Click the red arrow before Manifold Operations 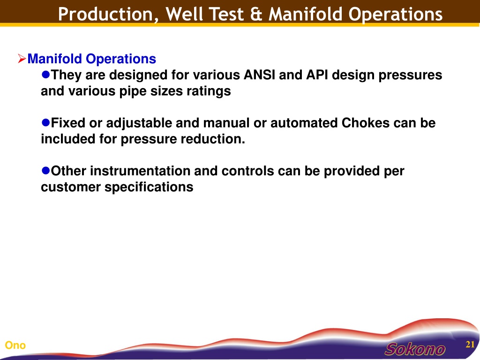[22, 58]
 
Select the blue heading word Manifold [55, 59]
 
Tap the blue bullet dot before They [45, 75]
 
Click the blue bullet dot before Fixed [45, 122]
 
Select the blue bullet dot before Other [45, 171]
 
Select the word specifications [149, 187]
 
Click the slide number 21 [470, 345]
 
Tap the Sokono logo [415, 349]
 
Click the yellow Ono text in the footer [15, 345]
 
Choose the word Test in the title [226, 14]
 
